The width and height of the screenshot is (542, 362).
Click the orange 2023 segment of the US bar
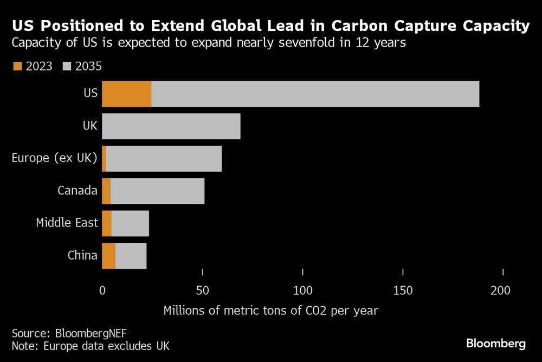pos(127,94)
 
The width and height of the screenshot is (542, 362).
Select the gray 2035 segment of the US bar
pos(315,94)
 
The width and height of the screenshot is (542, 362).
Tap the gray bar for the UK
pos(171,126)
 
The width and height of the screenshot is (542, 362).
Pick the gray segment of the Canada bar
pos(157,191)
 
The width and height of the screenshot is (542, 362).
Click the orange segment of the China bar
pos(108,255)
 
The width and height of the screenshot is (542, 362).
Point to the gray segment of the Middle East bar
pos(130,223)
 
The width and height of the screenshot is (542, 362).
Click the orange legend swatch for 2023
pos(17,66)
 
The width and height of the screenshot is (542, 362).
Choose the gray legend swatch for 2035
pos(68,66)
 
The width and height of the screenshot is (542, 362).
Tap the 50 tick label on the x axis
pos(202,290)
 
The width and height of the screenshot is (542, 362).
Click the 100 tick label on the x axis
pos(302,290)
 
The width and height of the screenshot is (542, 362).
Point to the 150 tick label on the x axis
pos(403,290)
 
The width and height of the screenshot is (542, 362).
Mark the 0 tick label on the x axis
pos(102,290)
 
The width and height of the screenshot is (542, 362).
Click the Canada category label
pos(78,191)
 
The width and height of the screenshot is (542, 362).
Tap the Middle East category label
pos(67,223)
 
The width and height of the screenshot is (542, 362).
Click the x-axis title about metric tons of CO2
pos(270,311)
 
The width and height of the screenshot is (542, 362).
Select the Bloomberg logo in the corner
pos(496,343)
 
